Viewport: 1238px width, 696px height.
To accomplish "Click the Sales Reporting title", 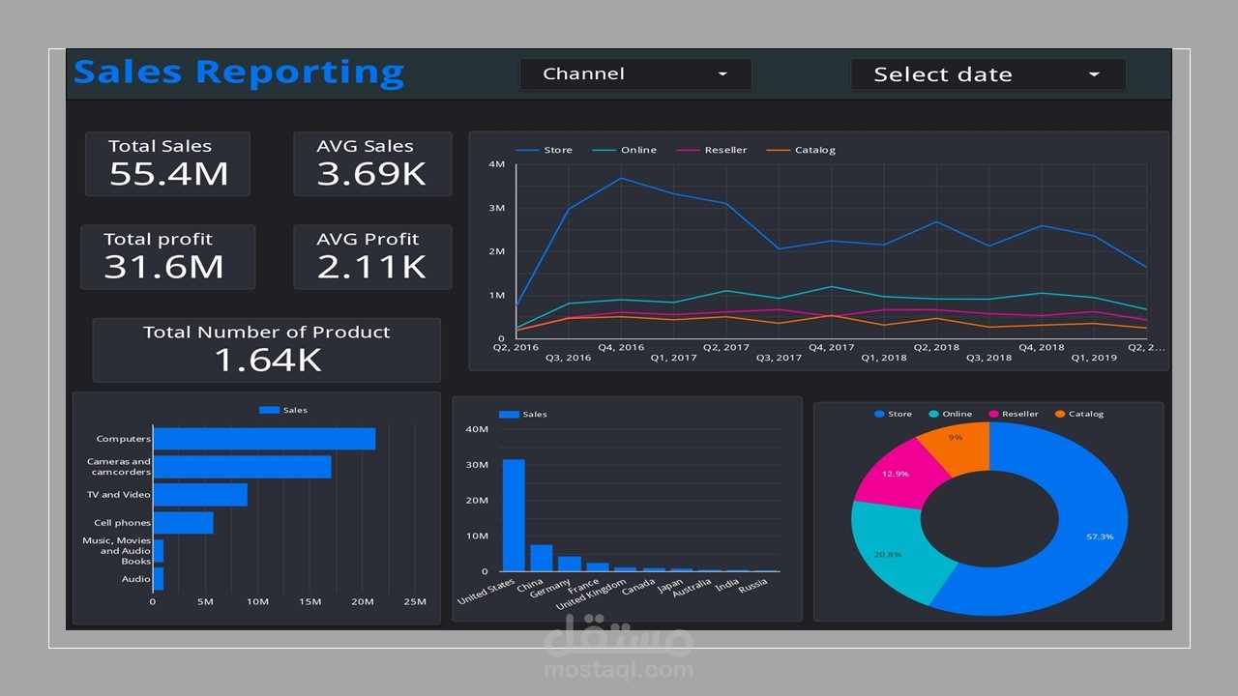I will pyautogui.click(x=239, y=72).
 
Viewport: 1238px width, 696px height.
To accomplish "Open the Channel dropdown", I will pyautogui.click(x=635, y=74).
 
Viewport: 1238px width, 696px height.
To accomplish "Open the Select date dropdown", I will pyautogui.click(x=987, y=74).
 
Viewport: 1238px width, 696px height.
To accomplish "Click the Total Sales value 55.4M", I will pyautogui.click(x=168, y=174).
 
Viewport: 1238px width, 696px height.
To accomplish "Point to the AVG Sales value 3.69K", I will pyautogui.click(x=371, y=174).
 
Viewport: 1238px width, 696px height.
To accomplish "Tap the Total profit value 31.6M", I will pyautogui.click(x=163, y=267).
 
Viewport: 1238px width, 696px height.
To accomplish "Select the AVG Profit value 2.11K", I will pyautogui.click(x=371, y=267).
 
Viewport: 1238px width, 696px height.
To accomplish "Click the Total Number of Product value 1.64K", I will pyautogui.click(x=267, y=360).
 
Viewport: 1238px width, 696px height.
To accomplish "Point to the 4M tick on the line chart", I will pyautogui.click(x=496, y=164).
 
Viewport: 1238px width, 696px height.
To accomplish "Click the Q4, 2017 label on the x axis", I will pyautogui.click(x=831, y=347).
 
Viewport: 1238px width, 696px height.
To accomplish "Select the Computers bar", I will pyautogui.click(x=264, y=439).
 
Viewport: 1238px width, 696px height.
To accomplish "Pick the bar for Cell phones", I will pyautogui.click(x=183, y=523).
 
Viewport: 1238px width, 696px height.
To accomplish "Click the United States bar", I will pyautogui.click(x=514, y=515).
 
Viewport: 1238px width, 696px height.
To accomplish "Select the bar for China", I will pyautogui.click(x=542, y=558).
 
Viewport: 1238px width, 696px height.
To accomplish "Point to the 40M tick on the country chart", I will pyautogui.click(x=477, y=429).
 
